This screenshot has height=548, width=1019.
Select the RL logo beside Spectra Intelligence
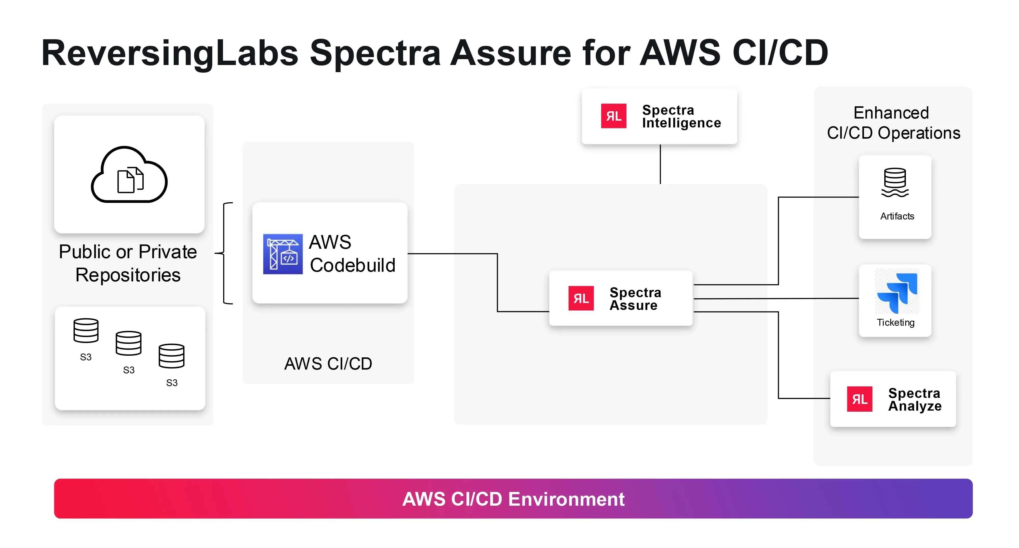pyautogui.click(x=613, y=116)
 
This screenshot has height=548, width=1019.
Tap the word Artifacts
pyautogui.click(x=897, y=216)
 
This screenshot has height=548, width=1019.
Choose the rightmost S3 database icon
pyautogui.click(x=171, y=356)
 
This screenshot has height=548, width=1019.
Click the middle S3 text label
pyautogui.click(x=129, y=370)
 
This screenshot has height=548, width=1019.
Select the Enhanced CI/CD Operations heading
pyautogui.click(x=893, y=123)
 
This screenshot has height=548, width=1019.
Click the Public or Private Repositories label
pyautogui.click(x=128, y=263)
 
